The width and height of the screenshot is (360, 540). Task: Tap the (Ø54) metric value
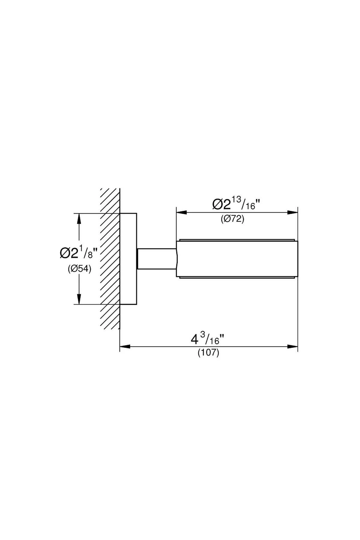[79, 269]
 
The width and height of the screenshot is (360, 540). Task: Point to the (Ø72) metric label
[233, 219]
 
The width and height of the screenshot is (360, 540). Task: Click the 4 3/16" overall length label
[208, 339]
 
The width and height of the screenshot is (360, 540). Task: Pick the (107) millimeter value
[208, 353]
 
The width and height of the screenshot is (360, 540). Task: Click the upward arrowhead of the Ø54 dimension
[79, 218]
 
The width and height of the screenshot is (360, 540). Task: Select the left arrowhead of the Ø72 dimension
[181, 212]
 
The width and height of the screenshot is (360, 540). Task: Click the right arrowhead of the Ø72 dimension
[292, 212]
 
